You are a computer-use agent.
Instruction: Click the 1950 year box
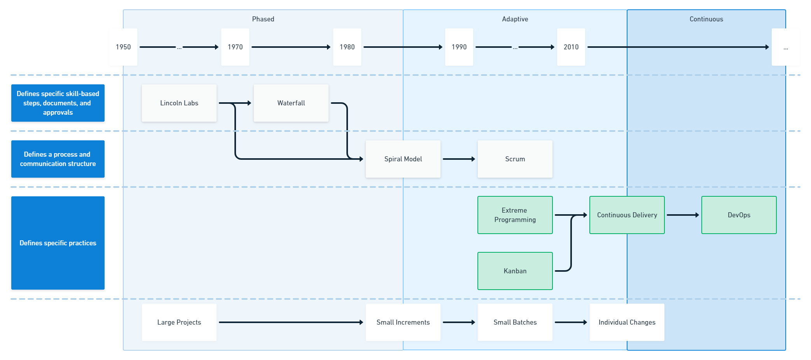123,47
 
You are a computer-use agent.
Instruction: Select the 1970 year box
235,47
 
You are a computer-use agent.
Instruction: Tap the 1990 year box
459,47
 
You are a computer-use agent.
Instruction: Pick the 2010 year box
571,47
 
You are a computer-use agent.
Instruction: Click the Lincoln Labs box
179,103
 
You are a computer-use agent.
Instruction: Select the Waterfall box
291,103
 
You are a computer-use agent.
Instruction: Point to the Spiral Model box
403,159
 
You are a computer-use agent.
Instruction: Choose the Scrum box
515,159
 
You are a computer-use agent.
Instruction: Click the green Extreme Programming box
515,215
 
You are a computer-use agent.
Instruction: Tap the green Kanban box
515,271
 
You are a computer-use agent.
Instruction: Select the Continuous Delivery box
627,215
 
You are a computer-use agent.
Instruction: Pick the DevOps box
739,215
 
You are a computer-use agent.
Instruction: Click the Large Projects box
179,322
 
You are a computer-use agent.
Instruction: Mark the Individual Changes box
627,322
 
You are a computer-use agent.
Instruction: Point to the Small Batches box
515,322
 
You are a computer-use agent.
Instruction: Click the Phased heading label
263,19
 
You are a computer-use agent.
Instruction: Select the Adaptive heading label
515,19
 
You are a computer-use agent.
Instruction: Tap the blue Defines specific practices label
58,243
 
